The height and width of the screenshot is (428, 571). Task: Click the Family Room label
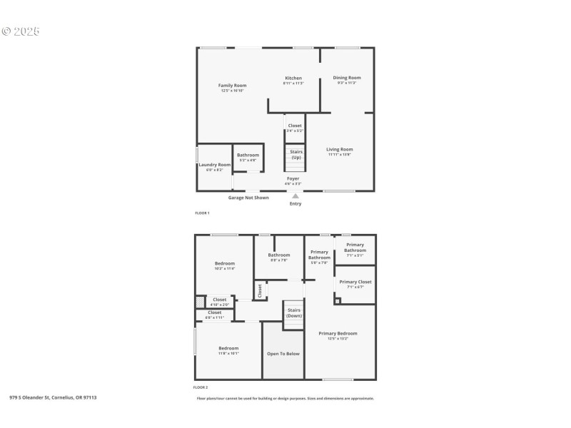[232, 86]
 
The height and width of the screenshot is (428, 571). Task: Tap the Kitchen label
[293, 78]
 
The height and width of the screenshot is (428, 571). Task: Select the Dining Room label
[347, 78]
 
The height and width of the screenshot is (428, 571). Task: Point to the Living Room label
[340, 150]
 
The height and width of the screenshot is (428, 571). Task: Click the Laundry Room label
[214, 165]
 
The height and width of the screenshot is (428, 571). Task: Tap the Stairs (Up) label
[295, 154]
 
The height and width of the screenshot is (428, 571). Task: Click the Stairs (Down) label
[294, 312]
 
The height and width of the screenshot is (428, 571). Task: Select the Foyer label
[293, 178]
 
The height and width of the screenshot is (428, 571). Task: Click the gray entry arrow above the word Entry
[295, 195]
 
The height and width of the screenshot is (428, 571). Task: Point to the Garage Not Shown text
[248, 198]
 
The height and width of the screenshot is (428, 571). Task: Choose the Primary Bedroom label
[338, 333]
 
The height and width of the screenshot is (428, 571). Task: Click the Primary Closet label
[355, 282]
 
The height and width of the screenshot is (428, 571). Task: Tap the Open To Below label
[283, 353]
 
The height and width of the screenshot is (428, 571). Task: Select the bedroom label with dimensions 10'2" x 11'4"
[225, 264]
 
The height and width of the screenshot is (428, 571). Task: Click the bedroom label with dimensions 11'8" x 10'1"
[228, 348]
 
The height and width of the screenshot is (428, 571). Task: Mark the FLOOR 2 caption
[202, 387]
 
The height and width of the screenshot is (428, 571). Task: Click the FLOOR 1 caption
[202, 213]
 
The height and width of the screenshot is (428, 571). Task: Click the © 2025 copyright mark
[21, 32]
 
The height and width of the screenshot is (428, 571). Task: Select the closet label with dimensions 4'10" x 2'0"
[219, 300]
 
